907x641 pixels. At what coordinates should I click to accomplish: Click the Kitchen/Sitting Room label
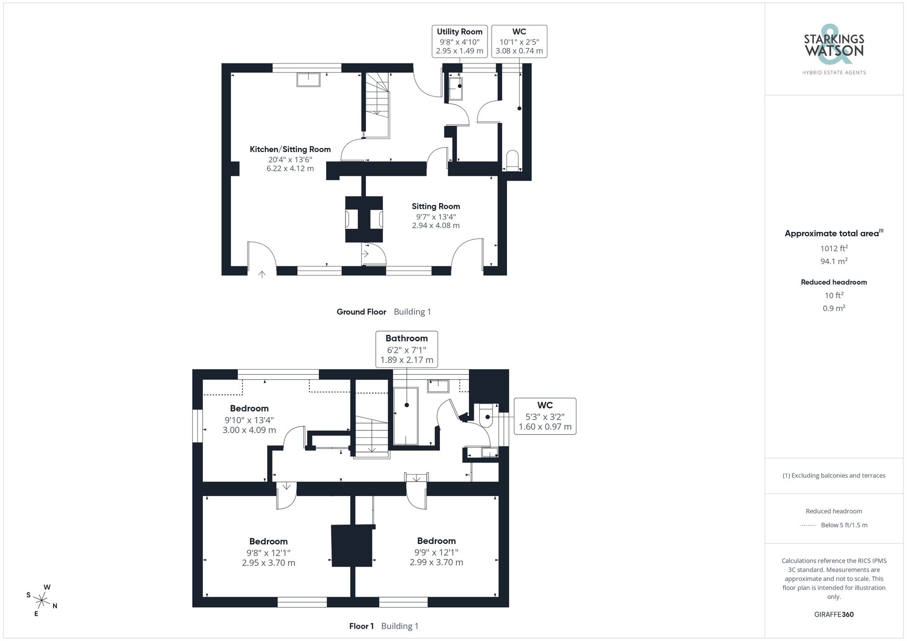pos(290,149)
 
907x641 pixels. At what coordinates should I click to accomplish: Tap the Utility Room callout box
pos(459,41)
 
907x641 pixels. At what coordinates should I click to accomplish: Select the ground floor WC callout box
pos(519,41)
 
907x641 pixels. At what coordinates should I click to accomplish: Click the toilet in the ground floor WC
pos(512,160)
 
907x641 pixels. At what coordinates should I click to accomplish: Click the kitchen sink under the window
pos(308,80)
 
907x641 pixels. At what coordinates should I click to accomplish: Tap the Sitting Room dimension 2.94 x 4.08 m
pos(436,226)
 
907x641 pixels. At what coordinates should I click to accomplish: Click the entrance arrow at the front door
pos(262,274)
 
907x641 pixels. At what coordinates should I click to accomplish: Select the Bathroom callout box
pos(407,349)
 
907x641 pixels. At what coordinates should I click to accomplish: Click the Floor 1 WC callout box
pos(545,416)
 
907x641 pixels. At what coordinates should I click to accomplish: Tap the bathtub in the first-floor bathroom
pos(406,416)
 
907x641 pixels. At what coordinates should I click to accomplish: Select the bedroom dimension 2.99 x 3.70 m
pos(436,563)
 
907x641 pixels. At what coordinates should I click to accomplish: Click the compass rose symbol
pos(42,601)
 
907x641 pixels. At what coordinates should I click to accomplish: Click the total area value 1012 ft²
pos(834,248)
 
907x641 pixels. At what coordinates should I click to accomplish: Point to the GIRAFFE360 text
pos(834,615)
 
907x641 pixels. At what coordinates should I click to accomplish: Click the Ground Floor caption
pos(361,312)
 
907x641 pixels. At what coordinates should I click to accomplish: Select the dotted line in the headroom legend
pos(808,525)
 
